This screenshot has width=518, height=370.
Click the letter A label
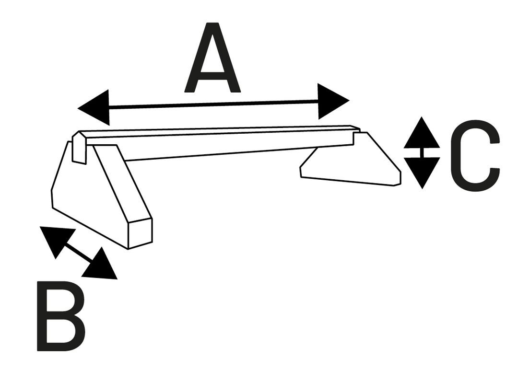tap(212, 58)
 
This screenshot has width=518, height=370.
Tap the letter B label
tap(61, 316)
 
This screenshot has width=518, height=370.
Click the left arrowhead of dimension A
tap(94, 108)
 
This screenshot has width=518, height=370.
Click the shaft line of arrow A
tap(213, 104)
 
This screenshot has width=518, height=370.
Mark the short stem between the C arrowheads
tap(422, 152)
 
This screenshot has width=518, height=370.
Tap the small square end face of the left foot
tap(140, 234)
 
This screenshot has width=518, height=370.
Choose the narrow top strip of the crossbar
tap(218, 130)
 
